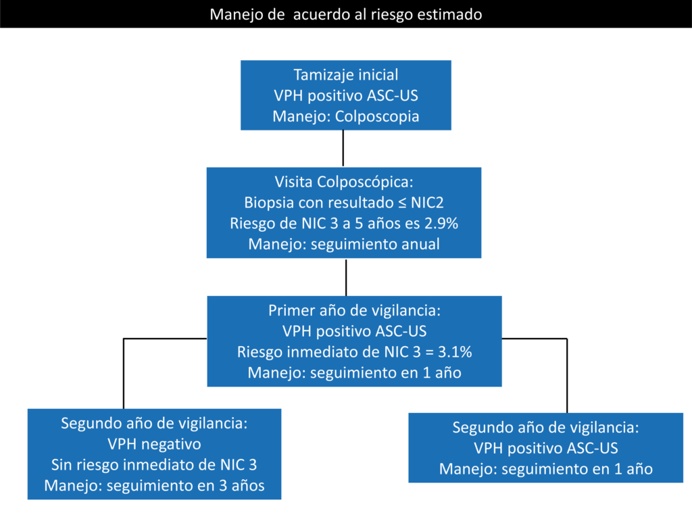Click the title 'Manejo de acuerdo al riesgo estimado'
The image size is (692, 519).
[x=345, y=15]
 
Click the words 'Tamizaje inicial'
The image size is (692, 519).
[x=345, y=74]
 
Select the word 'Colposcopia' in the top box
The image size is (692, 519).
[x=377, y=116]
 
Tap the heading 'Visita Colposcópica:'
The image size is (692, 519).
[x=344, y=181]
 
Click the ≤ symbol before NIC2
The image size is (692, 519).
[x=401, y=203]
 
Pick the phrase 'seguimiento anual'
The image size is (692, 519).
[x=375, y=244]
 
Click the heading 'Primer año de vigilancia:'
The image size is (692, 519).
[x=354, y=310]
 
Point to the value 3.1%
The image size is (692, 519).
[x=455, y=352]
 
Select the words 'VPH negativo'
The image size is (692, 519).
[x=154, y=444]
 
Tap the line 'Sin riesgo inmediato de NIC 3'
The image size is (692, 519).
[x=154, y=465]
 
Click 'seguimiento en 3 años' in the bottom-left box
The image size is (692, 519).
[x=186, y=485]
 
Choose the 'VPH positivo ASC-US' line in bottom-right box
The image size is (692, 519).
[x=546, y=449]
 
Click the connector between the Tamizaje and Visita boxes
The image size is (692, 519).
[x=343, y=149]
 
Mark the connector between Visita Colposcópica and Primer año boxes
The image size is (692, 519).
[x=346, y=277]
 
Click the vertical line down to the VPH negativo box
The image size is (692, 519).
[x=124, y=374]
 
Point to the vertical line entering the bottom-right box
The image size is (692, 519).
[x=567, y=376]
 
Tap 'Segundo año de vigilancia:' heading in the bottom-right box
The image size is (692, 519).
[x=546, y=427]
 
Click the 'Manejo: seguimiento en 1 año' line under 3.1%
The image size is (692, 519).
[x=354, y=373]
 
